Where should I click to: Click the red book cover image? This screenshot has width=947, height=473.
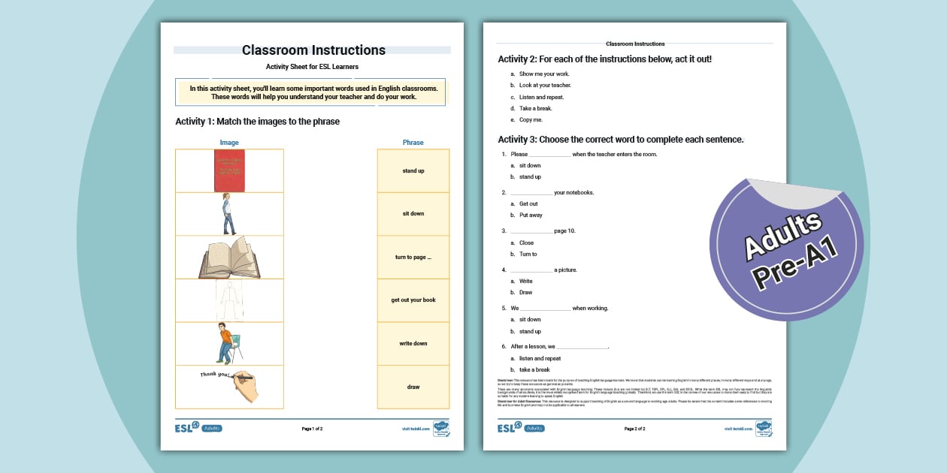(x=229, y=170)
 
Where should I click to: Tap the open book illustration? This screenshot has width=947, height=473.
(x=229, y=258)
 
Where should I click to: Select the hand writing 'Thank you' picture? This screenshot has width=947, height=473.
(x=229, y=386)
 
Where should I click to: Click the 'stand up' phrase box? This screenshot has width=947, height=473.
(x=413, y=170)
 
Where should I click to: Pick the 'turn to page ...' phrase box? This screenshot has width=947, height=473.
(x=413, y=257)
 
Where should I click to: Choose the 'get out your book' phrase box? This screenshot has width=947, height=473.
(x=413, y=300)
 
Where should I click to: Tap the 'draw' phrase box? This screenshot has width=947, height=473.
(x=413, y=387)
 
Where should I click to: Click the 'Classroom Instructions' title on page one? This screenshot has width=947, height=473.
(x=313, y=50)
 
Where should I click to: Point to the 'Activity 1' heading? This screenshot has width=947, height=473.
(x=257, y=122)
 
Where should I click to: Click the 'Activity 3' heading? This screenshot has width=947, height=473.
(x=620, y=140)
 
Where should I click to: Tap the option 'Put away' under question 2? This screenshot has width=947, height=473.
(x=531, y=215)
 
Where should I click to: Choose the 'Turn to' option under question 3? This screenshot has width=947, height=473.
(x=528, y=255)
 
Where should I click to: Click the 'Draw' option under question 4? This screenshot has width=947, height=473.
(x=525, y=293)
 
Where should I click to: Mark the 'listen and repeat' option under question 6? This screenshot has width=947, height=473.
(x=540, y=358)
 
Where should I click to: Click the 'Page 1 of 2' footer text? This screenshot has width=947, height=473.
(x=312, y=429)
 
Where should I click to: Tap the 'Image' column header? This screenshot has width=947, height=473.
(x=229, y=143)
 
